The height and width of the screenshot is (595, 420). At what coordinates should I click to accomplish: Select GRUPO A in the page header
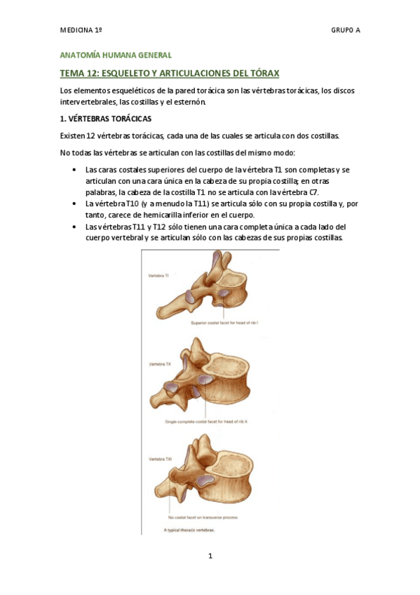coord(346,32)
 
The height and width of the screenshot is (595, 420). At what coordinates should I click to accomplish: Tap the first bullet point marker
coord(75,170)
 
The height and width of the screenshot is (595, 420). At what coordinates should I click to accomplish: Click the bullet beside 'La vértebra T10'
coord(75,203)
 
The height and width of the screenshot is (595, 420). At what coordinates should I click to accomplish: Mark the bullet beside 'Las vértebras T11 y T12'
coord(75,227)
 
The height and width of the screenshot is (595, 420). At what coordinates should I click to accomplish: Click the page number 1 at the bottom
coord(210,556)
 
